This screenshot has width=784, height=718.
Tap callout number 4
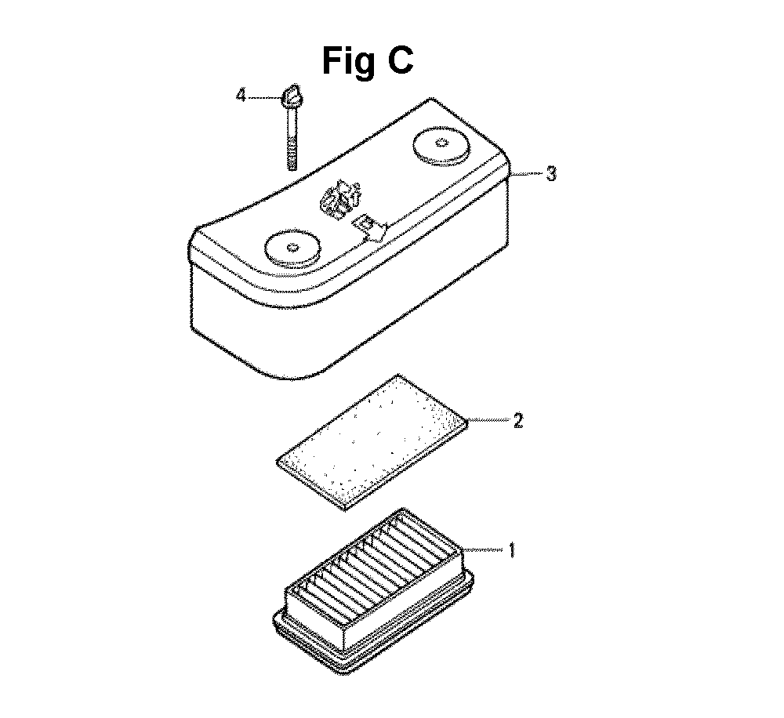[241, 95]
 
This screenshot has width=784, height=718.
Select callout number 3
[550, 174]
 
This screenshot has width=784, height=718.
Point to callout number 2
[518, 420]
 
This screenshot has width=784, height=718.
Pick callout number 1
[511, 550]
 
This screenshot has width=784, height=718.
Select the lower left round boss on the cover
[292, 248]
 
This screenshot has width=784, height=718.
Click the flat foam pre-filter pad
[372, 443]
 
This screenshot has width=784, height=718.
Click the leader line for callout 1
[485, 550]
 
